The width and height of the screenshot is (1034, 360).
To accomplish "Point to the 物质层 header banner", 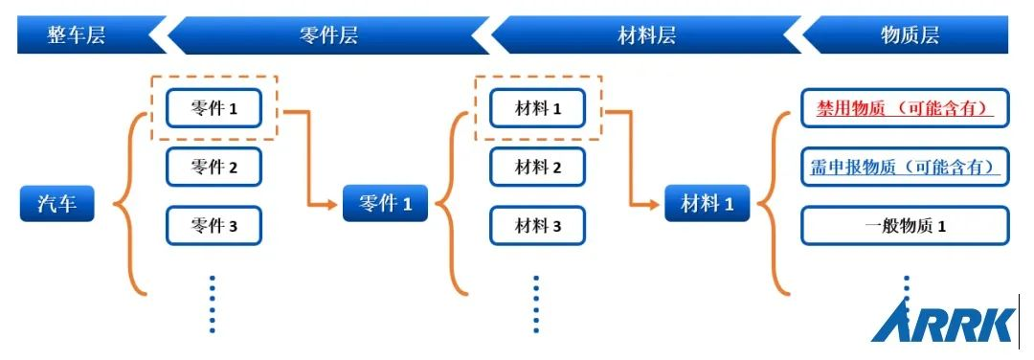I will pyautogui.click(x=908, y=36).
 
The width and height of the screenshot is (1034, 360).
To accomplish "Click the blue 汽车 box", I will pyautogui.click(x=57, y=204).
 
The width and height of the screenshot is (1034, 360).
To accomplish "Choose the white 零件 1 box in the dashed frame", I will pyautogui.click(x=214, y=108).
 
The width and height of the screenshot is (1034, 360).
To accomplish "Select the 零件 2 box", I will pyautogui.click(x=214, y=168).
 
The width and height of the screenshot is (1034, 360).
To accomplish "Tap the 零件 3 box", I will pyautogui.click(x=214, y=226).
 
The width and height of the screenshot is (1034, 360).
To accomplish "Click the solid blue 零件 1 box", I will pyautogui.click(x=385, y=204).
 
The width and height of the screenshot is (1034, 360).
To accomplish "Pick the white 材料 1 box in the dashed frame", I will pyautogui.click(x=537, y=108).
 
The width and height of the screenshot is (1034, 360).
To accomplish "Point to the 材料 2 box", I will pyautogui.click(x=537, y=168).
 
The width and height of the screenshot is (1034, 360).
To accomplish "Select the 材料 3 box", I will pyautogui.click(x=537, y=226).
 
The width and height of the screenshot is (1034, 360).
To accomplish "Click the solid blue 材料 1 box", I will pyautogui.click(x=707, y=204).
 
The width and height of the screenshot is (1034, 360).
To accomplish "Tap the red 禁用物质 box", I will pyautogui.click(x=905, y=108).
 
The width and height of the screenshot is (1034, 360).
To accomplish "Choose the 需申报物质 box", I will pyautogui.click(x=905, y=168).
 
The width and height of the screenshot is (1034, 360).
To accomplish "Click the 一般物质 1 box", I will pyautogui.click(x=905, y=226).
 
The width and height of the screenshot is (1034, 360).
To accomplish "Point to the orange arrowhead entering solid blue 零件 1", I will pyautogui.click(x=335, y=204).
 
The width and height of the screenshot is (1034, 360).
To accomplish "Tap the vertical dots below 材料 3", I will pyautogui.click(x=536, y=304).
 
